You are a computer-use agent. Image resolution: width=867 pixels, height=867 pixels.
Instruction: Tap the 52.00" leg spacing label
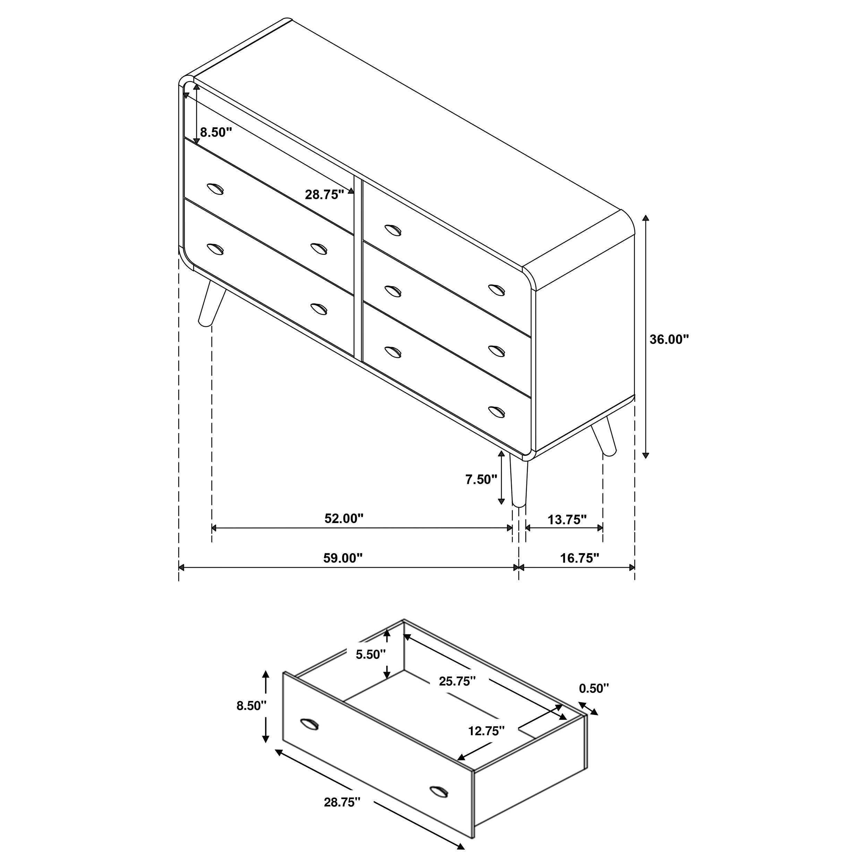click(344, 518)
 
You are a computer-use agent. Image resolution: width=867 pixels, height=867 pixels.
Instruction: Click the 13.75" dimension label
click(567, 520)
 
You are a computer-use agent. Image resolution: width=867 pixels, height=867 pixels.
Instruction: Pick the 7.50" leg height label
click(481, 480)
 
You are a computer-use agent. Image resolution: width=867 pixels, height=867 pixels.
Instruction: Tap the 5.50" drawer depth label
click(371, 654)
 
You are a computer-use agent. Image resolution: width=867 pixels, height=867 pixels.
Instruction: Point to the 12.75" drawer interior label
click(487, 731)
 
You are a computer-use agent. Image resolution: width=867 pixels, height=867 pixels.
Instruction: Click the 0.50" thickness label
click(594, 688)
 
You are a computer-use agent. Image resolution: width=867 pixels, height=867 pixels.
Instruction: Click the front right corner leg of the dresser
click(519, 482)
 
